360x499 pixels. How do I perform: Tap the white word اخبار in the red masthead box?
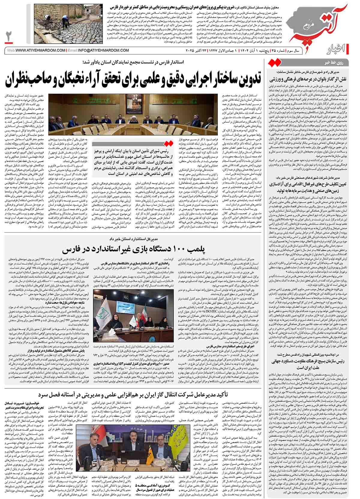coord(348,49)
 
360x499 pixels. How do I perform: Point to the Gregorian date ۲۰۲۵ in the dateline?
coord(192,50)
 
